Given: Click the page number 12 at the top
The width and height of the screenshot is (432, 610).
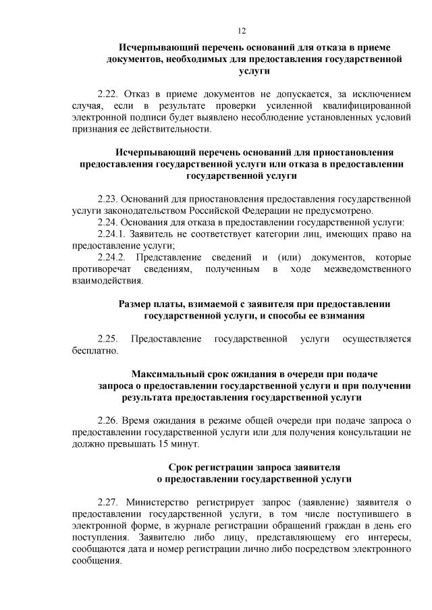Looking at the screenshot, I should (242, 30).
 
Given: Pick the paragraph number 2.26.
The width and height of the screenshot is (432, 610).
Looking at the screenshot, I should (109, 421).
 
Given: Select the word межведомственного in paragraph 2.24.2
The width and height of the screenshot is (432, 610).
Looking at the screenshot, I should (368, 269).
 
